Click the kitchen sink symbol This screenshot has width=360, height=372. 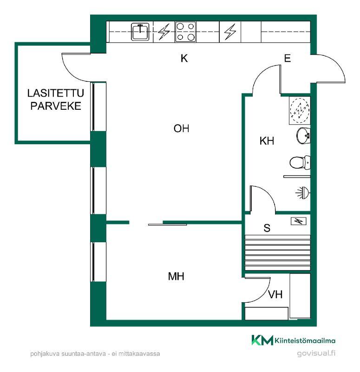click(140, 32)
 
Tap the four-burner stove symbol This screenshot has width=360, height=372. click(185, 32)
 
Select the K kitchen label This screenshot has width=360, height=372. click(184, 58)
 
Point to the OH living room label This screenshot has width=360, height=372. click(181, 129)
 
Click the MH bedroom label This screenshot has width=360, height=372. click(176, 276)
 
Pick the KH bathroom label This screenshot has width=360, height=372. click(267, 141)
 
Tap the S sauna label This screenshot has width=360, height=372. click(267, 228)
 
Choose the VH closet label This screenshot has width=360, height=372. click(275, 294)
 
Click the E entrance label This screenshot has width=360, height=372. click(288, 59)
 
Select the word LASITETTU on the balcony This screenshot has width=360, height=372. click(56, 93)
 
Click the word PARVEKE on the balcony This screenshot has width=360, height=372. click(56, 106)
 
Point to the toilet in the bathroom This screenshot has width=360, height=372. click(300, 163)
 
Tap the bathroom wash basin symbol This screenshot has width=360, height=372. click(303, 136)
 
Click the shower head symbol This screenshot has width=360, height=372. click(303, 193)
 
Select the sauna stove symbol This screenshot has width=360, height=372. click(299, 221)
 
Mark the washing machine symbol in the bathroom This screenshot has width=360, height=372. click(300, 110)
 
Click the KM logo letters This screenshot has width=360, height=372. click(262, 340)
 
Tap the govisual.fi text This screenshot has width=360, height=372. click(316, 353)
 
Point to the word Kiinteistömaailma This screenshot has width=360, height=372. click(305, 341)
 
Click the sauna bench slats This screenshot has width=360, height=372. click(277, 252)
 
